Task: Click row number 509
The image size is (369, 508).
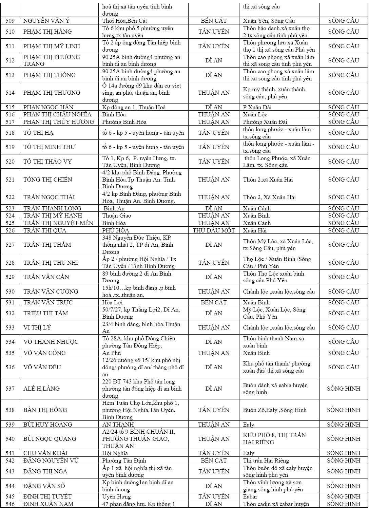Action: coord(10,21)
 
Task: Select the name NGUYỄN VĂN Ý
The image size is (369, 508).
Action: coord(46,21)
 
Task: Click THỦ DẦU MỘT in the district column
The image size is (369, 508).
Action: coord(214,230)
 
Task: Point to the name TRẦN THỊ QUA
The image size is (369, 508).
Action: coord(45,230)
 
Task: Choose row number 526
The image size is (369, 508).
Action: coord(10,230)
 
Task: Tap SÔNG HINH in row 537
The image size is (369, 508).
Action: coord(344,389)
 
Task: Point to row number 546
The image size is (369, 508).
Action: coord(10,504)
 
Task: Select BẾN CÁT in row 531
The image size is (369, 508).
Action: coord(214,302)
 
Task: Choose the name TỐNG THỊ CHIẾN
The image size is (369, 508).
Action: coord(48,180)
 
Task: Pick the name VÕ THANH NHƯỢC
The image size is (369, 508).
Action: coord(51,342)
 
